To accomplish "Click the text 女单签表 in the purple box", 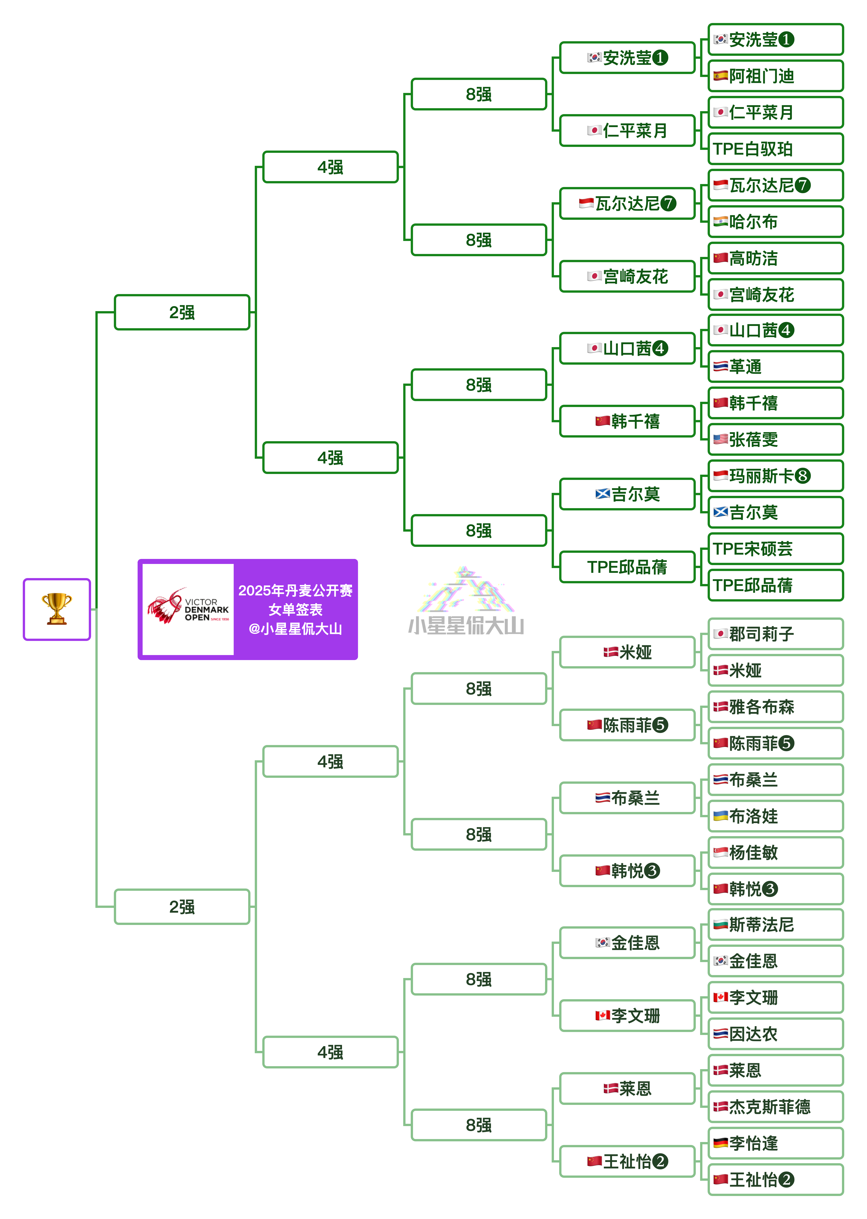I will [295, 609].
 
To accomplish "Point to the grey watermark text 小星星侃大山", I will [466, 626].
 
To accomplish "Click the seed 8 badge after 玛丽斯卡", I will [802, 476].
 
